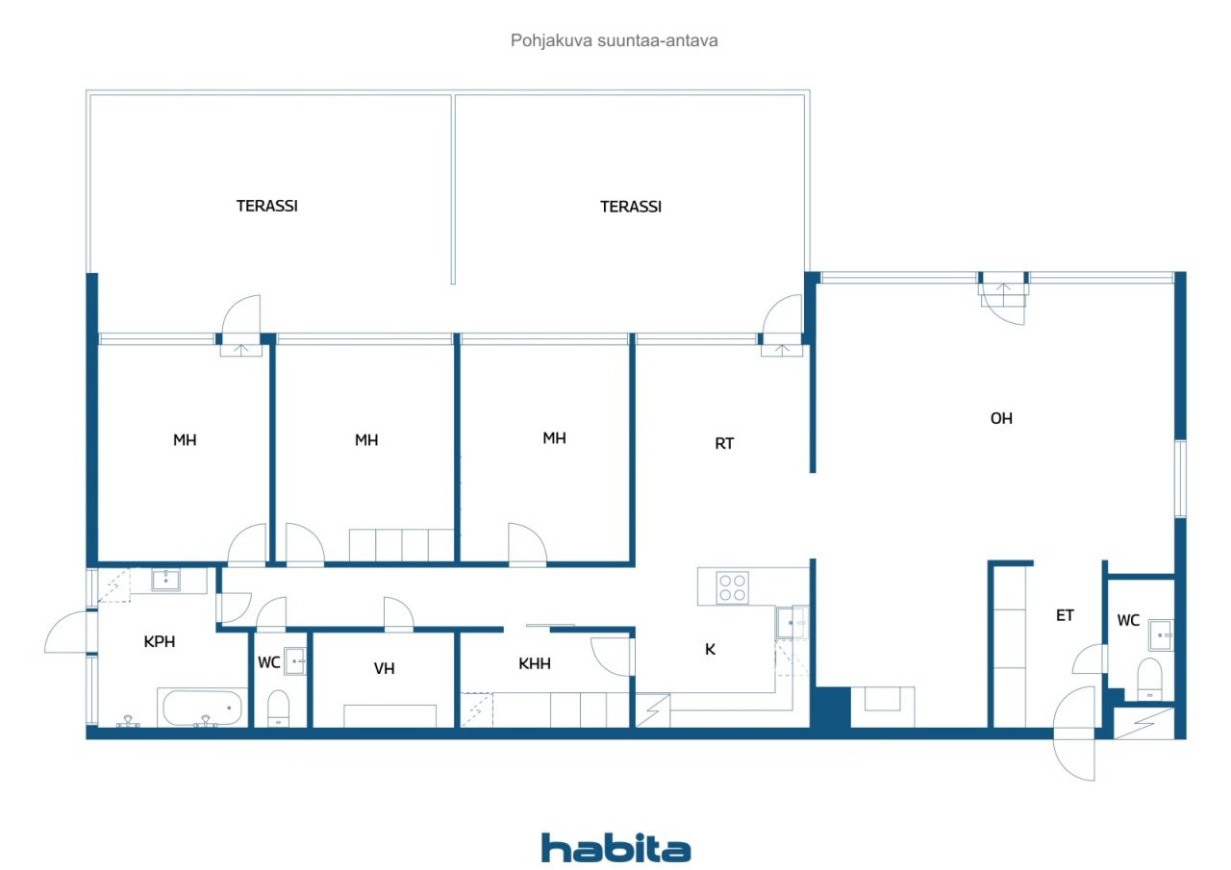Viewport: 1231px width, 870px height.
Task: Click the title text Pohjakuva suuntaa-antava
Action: (x=614, y=40)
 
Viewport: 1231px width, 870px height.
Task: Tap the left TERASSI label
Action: (x=267, y=206)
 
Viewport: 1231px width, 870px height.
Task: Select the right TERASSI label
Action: (x=630, y=207)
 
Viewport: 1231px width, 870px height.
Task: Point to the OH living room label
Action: (x=1001, y=418)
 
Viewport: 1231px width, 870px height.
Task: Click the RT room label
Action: (x=724, y=444)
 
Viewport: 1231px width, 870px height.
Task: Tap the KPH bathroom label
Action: (x=160, y=641)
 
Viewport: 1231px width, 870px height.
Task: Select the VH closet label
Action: (x=384, y=668)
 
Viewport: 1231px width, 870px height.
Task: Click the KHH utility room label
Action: (x=534, y=663)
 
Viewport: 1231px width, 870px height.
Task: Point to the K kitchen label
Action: (x=710, y=649)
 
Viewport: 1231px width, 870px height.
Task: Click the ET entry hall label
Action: (x=1065, y=615)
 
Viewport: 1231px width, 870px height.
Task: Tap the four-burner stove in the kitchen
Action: (x=733, y=588)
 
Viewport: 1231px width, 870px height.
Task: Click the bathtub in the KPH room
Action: (x=202, y=708)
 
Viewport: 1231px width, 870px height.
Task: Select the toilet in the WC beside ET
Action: (x=1149, y=678)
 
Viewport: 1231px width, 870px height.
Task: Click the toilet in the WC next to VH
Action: (x=279, y=708)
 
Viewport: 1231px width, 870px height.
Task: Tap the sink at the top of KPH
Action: (x=165, y=580)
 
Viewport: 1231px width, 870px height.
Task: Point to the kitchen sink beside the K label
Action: (x=791, y=622)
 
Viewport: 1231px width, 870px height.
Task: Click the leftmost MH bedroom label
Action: (x=185, y=440)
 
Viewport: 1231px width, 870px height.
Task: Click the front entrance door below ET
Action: (x=1074, y=733)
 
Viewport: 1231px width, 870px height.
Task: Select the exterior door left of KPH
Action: (x=68, y=632)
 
